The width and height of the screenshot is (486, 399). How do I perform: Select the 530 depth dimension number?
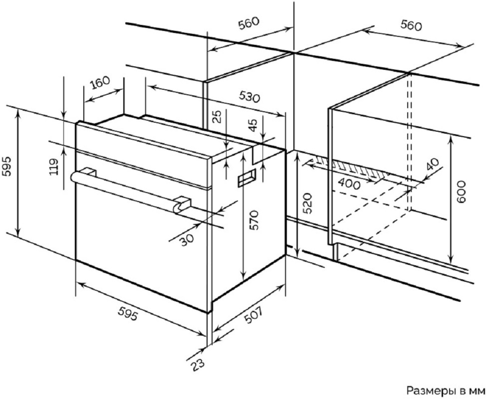pyautogui.click(x=248, y=97)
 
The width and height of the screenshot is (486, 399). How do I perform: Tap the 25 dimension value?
pyautogui.click(x=218, y=117)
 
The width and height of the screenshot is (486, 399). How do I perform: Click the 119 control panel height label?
pyautogui.click(x=54, y=167)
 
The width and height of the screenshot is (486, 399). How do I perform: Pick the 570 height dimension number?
pyautogui.click(x=254, y=220)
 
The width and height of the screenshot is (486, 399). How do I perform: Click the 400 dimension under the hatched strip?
pyautogui.click(x=349, y=184)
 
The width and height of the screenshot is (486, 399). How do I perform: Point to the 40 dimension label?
pyautogui.click(x=433, y=165)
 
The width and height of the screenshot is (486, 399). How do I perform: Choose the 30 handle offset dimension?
pyautogui.click(x=187, y=239)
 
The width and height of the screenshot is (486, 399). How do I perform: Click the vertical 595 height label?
pyautogui.click(x=7, y=167)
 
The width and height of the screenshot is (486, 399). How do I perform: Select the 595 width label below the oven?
pyautogui.click(x=128, y=315)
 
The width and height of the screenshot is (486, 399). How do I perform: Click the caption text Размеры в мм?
pyautogui.click(x=445, y=389)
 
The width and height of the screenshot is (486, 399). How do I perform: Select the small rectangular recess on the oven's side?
pyautogui.click(x=246, y=178)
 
